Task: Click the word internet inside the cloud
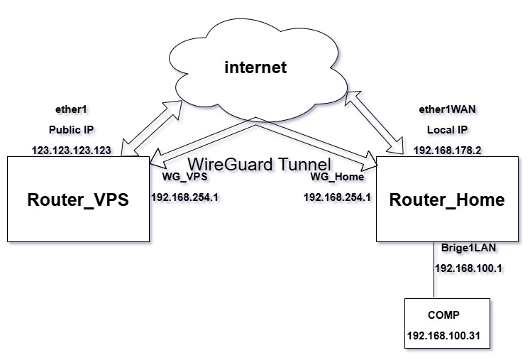click(255, 68)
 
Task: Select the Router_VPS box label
click(78, 200)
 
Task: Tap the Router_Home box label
click(447, 200)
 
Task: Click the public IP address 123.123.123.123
click(72, 151)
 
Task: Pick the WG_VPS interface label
click(184, 177)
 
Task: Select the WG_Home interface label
click(337, 177)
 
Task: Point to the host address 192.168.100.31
click(448, 334)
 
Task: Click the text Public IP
click(72, 131)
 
